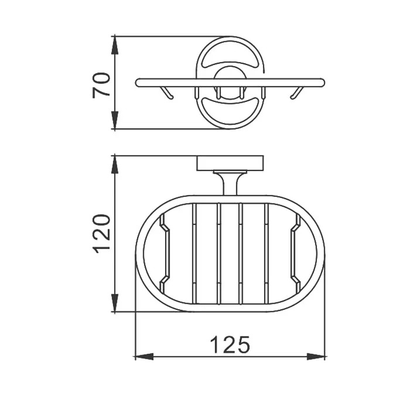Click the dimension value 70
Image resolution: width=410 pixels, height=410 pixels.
101,86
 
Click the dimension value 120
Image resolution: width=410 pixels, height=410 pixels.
101,234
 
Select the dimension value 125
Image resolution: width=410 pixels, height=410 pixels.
230,344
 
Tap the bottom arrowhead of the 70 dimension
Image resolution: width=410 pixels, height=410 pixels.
115,119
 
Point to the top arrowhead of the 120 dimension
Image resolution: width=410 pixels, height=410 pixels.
115,165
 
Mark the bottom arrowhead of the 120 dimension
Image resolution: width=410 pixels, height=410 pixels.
115,303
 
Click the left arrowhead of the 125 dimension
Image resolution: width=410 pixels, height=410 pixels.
144,356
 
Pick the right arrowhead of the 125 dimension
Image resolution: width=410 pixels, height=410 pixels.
316,356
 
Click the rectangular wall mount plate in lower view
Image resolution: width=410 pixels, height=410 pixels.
230,163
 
